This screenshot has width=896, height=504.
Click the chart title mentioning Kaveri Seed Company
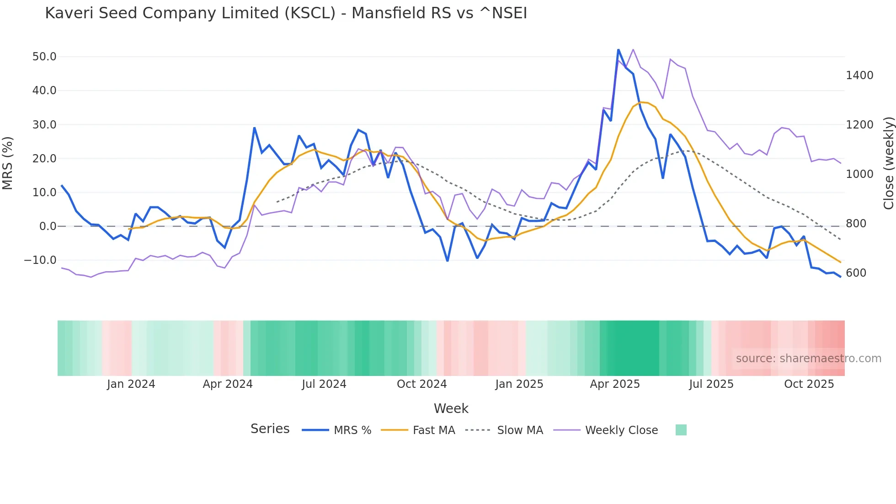pyautogui.click(x=286, y=13)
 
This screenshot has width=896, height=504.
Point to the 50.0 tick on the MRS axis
pyautogui.click(x=44, y=57)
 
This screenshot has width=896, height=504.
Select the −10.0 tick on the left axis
pyautogui.click(x=40, y=260)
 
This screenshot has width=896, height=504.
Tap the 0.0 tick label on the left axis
pyautogui.click(x=48, y=226)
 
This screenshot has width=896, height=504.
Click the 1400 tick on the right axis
pyautogui.click(x=859, y=75)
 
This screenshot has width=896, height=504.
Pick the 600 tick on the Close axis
pyautogui.click(x=856, y=273)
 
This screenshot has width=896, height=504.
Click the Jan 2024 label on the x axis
pyautogui.click(x=131, y=384)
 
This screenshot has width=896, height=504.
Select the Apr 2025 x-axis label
pyautogui.click(x=615, y=384)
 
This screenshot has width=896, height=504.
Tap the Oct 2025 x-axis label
pyautogui.click(x=809, y=384)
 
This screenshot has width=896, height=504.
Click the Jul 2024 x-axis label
pyautogui.click(x=324, y=384)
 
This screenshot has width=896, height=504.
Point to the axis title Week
pyautogui.click(x=451, y=408)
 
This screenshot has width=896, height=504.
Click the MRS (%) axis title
pyautogui.click(x=8, y=163)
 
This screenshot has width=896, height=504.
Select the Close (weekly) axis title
pyautogui.click(x=888, y=163)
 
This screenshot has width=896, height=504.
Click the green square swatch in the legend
pyautogui.click(x=681, y=430)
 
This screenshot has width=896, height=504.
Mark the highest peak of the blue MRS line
pyautogui.click(x=618, y=50)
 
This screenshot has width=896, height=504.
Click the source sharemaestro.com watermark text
pyautogui.click(x=808, y=359)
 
